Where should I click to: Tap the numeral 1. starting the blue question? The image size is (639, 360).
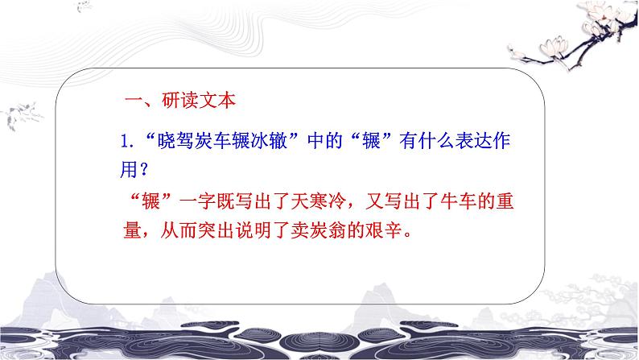(x=125, y=142)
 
